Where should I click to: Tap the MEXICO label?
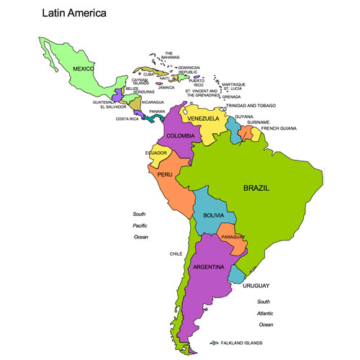(x=84, y=69)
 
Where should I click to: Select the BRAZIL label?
(x=256, y=188)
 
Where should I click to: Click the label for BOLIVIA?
(x=214, y=216)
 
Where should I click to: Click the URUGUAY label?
(x=256, y=286)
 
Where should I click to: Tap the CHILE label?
(x=176, y=254)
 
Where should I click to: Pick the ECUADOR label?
(x=156, y=153)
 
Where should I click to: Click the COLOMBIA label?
(x=180, y=135)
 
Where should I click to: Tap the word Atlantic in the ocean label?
(x=266, y=313)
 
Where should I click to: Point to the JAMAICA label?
(x=166, y=87)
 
